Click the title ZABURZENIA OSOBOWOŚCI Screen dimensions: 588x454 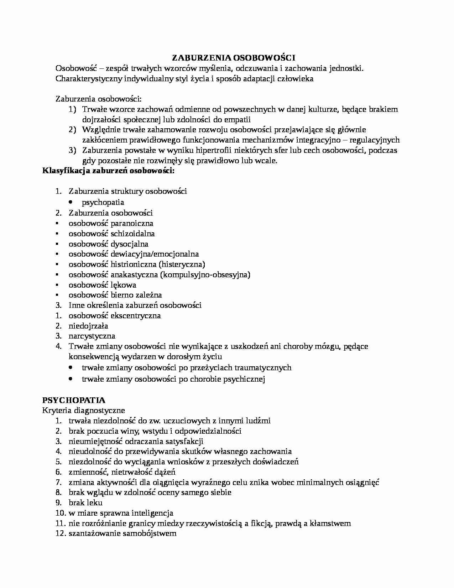pos(234,58)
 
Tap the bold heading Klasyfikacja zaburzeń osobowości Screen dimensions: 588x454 pos(108,171)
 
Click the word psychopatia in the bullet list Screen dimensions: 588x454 pos(103,202)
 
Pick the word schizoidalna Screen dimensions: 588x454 pos(132,234)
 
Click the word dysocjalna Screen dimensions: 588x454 pos(129,244)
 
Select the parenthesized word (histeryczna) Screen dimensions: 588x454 pos(182,264)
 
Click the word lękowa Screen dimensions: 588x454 pos(123,285)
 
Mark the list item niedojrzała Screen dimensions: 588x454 pos(88,326)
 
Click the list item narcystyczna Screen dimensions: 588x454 pos(92,336)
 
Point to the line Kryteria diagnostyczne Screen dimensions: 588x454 pos(83,410)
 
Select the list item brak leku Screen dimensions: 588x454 pos(85,503)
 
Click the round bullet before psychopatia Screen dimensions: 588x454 pos(72,202)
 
